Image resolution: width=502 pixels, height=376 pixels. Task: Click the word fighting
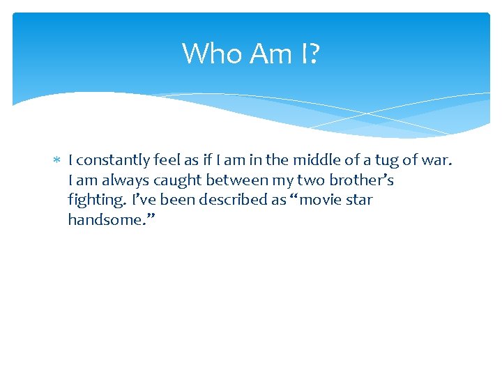(x=95, y=201)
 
